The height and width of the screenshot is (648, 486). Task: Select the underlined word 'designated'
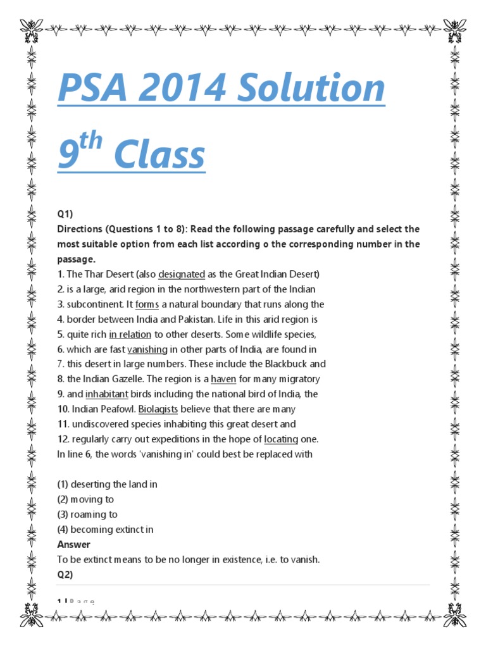point(182,274)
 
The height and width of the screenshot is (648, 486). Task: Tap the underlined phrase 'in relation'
point(130,334)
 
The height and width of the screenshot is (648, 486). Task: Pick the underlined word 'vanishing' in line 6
point(147,349)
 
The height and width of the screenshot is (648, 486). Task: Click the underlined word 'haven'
point(223,379)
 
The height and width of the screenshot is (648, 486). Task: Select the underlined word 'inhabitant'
point(107,394)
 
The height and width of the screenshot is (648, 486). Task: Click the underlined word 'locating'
point(282,439)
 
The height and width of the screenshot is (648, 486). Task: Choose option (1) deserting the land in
point(107,484)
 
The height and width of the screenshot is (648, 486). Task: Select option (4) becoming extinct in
point(105,530)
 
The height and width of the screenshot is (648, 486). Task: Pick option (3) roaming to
point(87,514)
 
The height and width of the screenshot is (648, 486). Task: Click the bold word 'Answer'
point(73,545)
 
